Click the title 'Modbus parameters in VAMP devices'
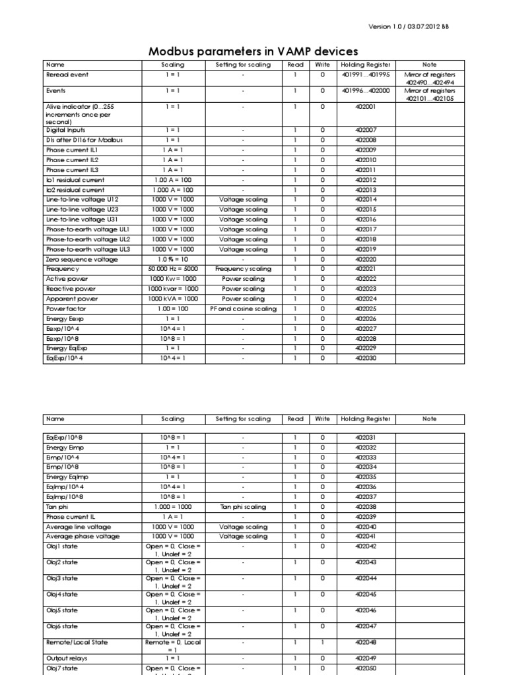tap(253, 51)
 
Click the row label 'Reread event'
tap(67, 74)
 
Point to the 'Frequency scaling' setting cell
tap(243, 269)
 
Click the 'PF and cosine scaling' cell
tap(243, 308)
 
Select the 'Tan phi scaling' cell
tap(243, 507)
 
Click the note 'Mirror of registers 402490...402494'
tap(429, 78)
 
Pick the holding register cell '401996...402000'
tap(365, 90)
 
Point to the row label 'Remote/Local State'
tap(77, 642)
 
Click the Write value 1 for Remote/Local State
tap(323, 642)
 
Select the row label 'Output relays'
tap(66, 658)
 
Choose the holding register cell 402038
tap(365, 507)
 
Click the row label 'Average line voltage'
tap(78, 527)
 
